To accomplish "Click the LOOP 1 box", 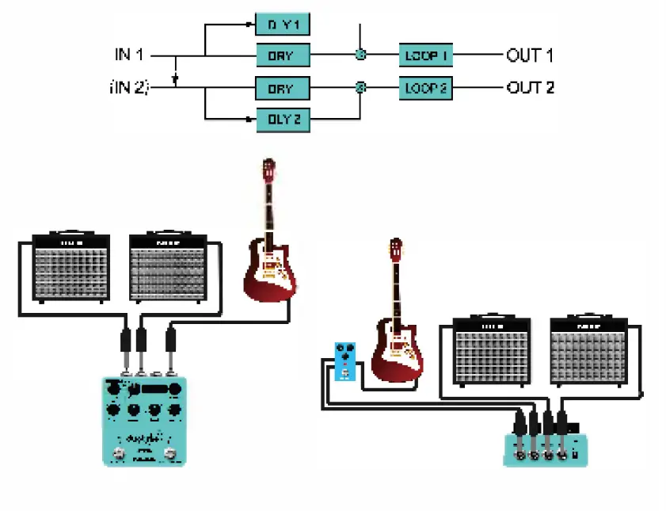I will tap(426, 55).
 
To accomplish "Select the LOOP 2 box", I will tap(426, 88).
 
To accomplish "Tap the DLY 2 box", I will tap(283, 120).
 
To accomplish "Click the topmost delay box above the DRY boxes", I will tap(283, 24).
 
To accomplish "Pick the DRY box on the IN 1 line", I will tap(283, 55).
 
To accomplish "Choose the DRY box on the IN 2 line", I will tap(283, 88).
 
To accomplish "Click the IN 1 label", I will tap(128, 55).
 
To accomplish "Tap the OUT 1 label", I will tap(530, 55).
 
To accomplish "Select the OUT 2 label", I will tap(530, 88).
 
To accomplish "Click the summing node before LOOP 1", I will tap(360, 55).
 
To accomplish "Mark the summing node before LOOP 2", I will tap(360, 88).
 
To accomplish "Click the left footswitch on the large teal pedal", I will tap(120, 455).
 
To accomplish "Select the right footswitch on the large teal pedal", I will tap(169, 455).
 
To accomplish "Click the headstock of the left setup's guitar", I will tap(270, 170).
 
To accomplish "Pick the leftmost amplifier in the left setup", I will tap(71, 267).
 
